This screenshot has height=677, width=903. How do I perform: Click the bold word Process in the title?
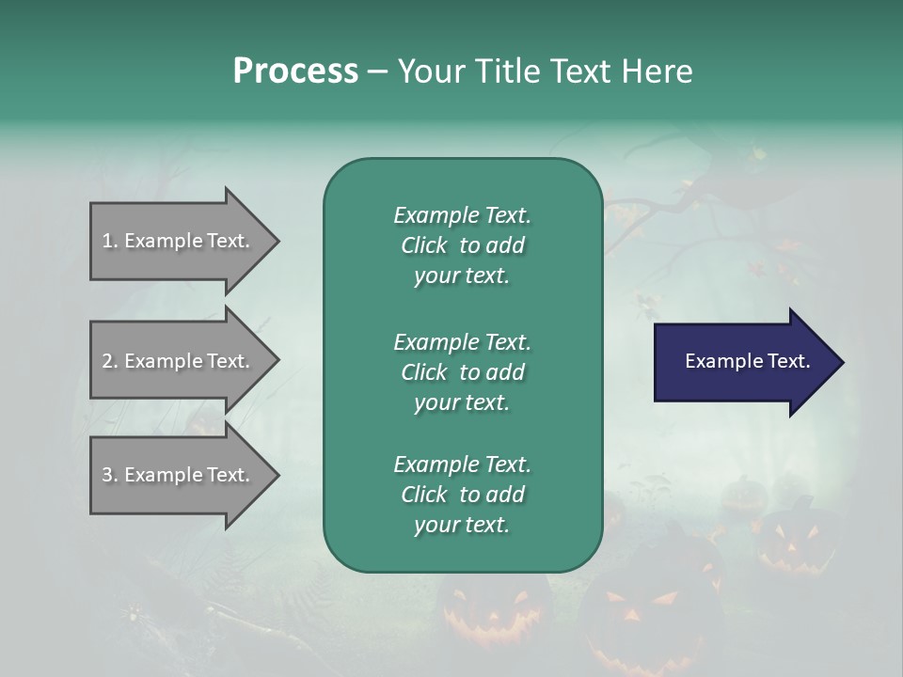click(x=295, y=71)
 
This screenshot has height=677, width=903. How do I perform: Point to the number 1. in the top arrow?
click(x=109, y=241)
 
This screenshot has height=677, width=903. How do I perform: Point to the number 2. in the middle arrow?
click(x=109, y=361)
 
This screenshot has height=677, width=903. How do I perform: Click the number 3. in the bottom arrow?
click(x=109, y=475)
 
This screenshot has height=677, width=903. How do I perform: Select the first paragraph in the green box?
click(x=462, y=245)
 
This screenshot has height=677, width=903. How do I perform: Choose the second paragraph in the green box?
click(x=462, y=372)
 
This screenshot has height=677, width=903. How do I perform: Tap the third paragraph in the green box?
click(x=462, y=495)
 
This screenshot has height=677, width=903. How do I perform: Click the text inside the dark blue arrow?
click(x=748, y=361)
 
